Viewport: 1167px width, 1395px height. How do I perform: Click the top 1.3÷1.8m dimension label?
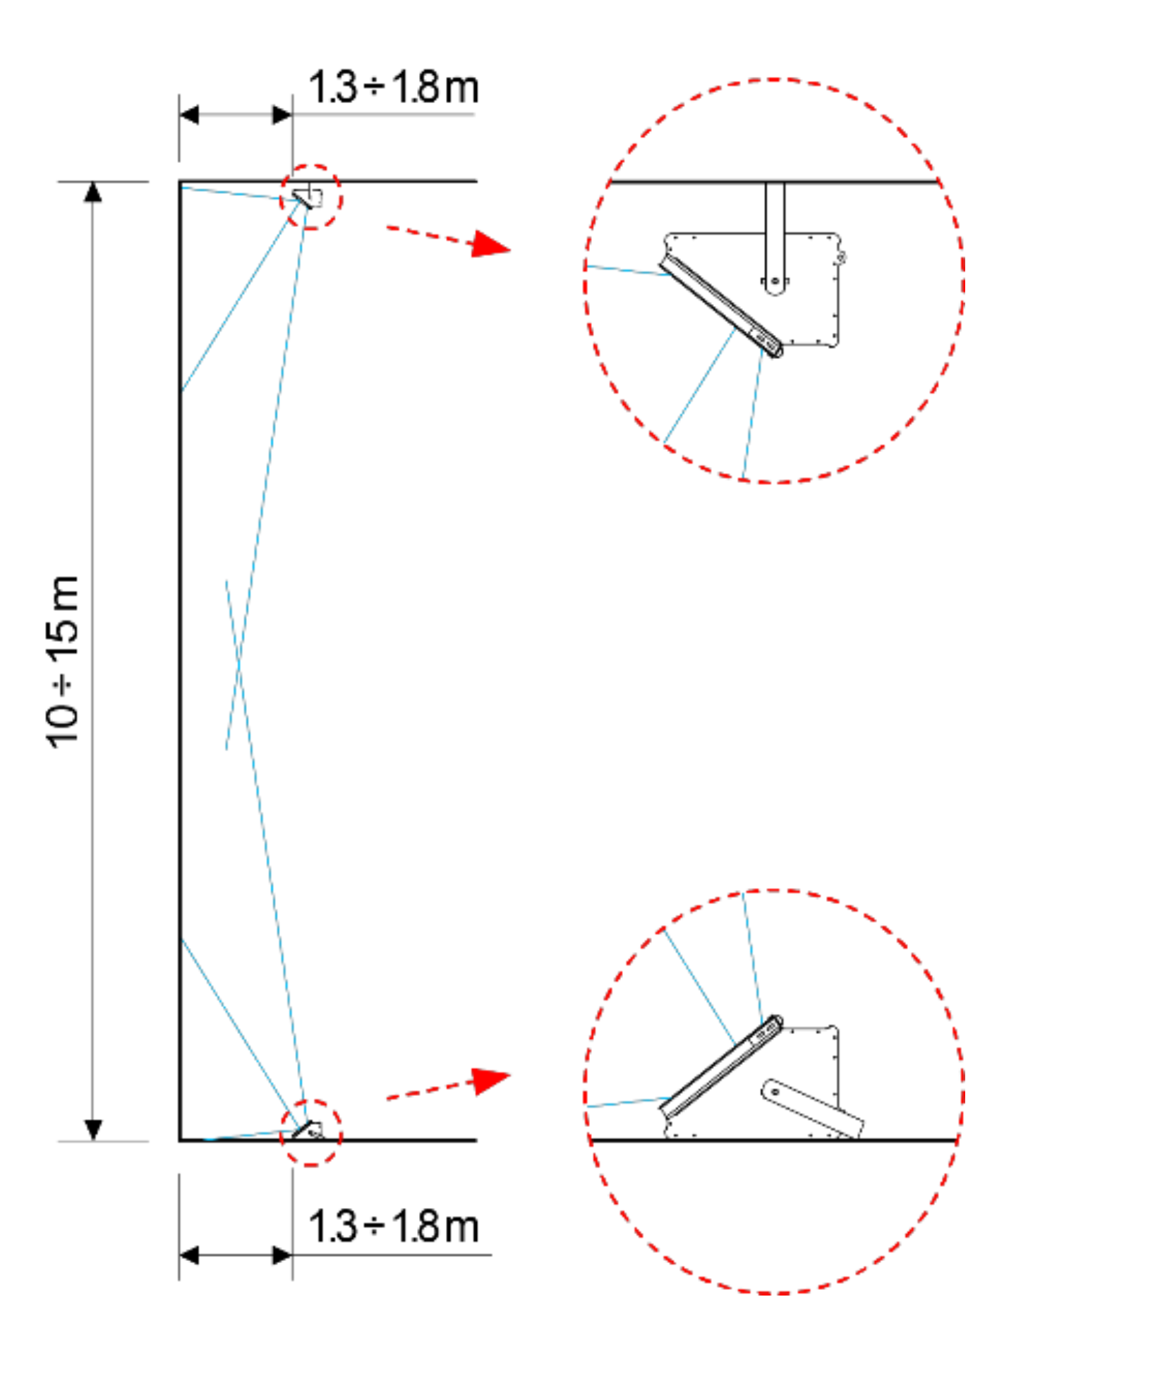(x=394, y=87)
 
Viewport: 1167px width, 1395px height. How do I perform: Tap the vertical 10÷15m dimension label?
(x=62, y=661)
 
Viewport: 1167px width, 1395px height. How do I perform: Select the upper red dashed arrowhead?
(x=490, y=244)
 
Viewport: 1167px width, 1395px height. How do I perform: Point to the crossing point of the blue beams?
(x=239, y=665)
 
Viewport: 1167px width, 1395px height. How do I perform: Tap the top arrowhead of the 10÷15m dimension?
(x=92, y=192)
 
